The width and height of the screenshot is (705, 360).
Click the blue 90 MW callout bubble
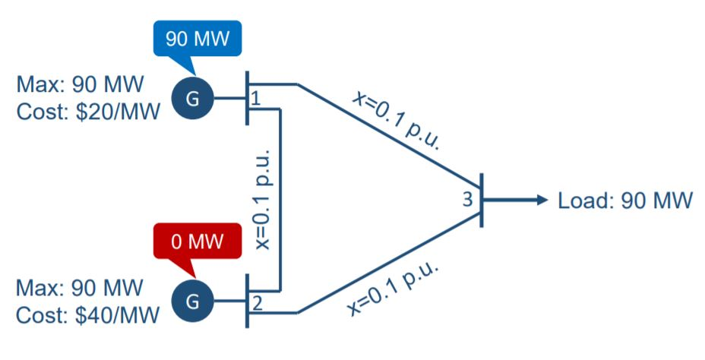(x=198, y=37)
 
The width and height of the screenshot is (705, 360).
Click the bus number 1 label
(x=256, y=99)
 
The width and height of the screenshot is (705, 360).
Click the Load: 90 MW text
(x=624, y=201)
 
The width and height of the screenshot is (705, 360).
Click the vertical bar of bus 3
(x=481, y=199)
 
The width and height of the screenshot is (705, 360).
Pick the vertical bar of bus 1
(x=247, y=97)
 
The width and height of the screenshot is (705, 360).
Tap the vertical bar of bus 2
(x=247, y=301)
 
